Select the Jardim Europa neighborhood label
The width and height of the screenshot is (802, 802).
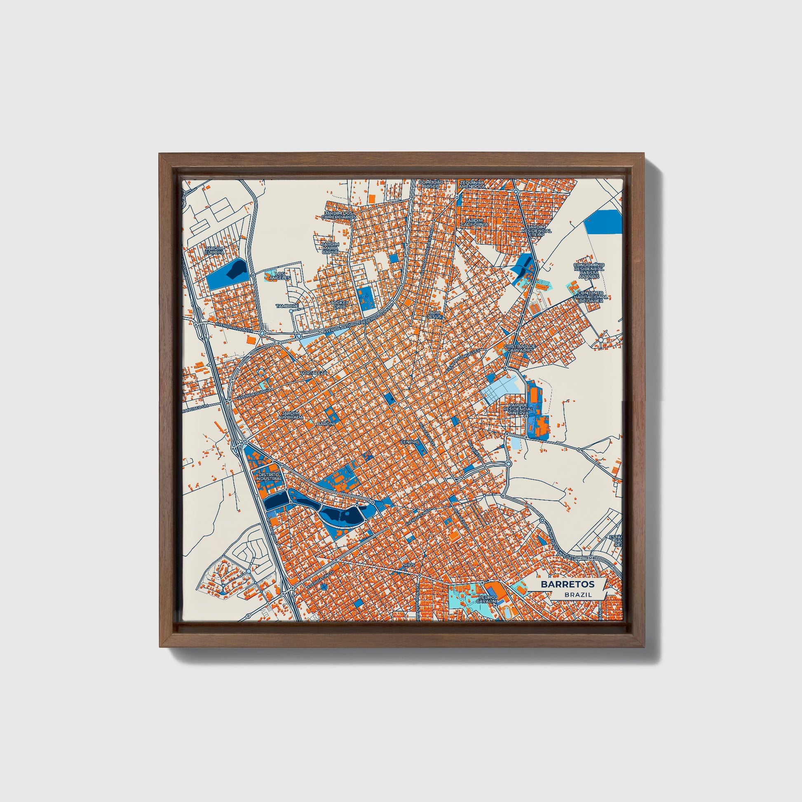point(215,250)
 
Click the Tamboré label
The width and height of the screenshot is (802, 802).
point(287,306)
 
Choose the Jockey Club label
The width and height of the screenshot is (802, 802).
point(339,305)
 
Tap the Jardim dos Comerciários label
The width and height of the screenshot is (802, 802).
point(339,215)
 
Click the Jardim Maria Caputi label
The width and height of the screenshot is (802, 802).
point(331,248)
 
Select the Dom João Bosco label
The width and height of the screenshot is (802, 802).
point(431,184)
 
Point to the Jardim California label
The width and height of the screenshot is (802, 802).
point(474,223)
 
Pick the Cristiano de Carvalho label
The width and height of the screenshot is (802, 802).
point(520,348)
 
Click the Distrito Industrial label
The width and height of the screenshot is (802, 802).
point(269,476)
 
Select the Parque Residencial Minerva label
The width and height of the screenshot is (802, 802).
point(518,409)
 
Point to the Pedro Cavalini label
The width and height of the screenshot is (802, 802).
point(486,598)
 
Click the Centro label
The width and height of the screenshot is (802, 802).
point(409,443)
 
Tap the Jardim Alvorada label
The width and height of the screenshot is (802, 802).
point(292,415)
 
